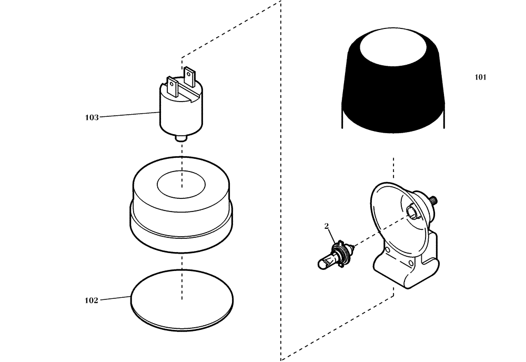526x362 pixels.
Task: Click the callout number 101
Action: (x=480, y=77)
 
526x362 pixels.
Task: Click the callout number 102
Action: (x=92, y=300)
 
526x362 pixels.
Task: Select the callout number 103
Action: (x=92, y=117)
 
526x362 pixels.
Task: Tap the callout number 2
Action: (x=327, y=226)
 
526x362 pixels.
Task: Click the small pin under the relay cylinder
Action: (x=181, y=138)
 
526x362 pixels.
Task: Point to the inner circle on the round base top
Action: (x=181, y=182)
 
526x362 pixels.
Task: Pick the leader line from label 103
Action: (x=129, y=114)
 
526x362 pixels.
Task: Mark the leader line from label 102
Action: (x=115, y=298)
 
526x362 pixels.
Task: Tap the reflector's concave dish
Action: (x=392, y=221)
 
